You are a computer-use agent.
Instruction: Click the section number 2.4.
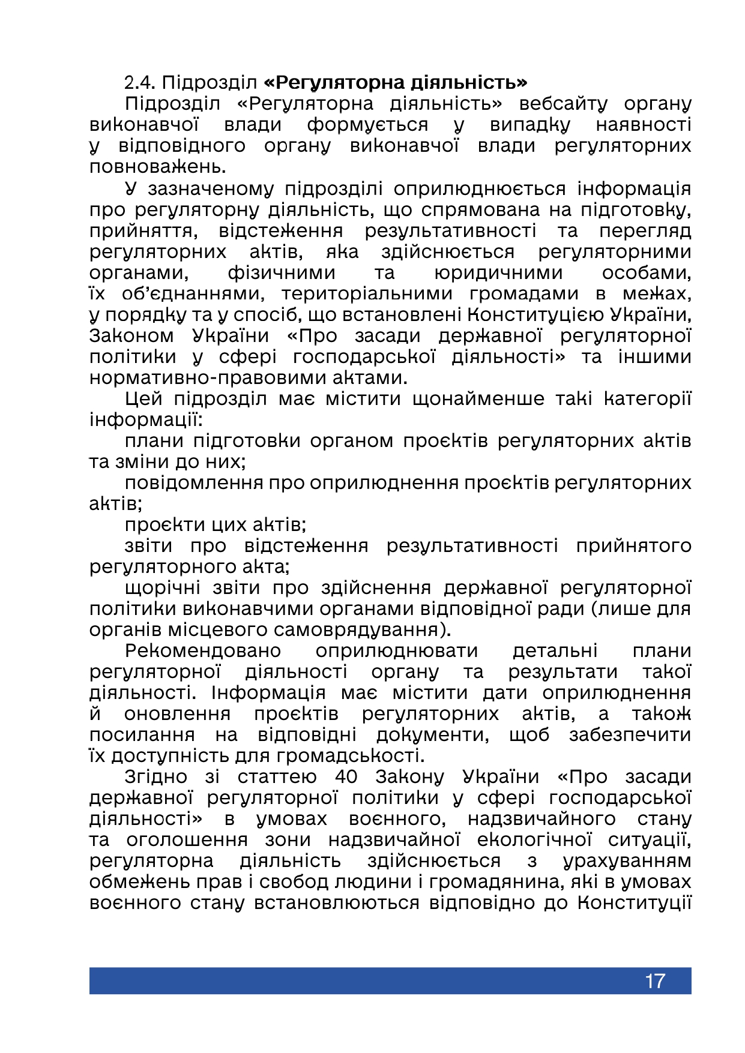(140, 82)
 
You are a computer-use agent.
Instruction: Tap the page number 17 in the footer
(655, 981)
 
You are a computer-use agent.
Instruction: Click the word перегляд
(645, 230)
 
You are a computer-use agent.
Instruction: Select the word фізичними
(282, 272)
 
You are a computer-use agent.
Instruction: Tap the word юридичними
(498, 272)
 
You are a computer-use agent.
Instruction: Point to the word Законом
(131, 335)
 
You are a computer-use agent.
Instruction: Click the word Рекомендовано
(203, 650)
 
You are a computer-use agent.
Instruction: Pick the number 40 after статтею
(346, 776)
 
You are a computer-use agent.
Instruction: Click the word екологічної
(534, 839)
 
